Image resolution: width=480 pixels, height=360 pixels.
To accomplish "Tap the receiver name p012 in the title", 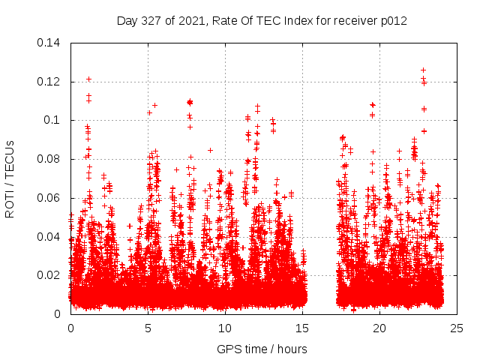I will (392, 21).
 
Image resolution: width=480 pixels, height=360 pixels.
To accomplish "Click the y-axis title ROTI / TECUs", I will (10, 178).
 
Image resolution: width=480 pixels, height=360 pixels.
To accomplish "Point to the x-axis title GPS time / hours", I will (262, 349).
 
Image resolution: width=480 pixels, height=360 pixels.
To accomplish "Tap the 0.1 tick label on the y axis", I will (54, 120).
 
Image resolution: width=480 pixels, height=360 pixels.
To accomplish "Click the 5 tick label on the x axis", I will (148, 328).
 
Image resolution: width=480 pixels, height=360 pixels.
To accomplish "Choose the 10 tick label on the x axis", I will (225, 328).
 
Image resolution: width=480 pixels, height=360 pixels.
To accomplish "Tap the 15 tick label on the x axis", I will (302, 328).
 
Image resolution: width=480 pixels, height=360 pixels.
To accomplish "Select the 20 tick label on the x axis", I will (379, 328).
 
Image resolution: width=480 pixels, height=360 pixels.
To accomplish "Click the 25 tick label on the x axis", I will (457, 328).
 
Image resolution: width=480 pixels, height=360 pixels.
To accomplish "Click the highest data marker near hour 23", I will (423, 70).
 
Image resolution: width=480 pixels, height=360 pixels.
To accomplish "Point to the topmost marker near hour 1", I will (88, 79).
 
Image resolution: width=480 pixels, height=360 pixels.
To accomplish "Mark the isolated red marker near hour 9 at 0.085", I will (210, 150).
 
